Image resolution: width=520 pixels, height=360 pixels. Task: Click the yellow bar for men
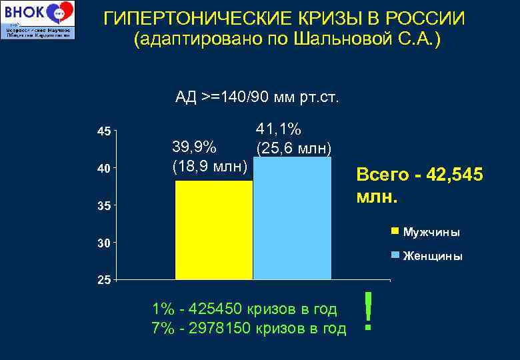tap(214, 230)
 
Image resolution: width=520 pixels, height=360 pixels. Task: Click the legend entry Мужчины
tap(431, 232)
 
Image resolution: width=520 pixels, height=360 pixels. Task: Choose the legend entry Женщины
tap(433, 256)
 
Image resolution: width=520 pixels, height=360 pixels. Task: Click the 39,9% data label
tap(194, 147)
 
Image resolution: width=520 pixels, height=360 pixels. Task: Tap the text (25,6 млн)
tap(293, 147)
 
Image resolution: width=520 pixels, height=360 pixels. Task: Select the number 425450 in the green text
tap(216, 309)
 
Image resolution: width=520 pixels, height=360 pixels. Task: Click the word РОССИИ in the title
tap(424, 17)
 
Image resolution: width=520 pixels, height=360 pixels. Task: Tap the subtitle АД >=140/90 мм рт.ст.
tap(257, 98)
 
